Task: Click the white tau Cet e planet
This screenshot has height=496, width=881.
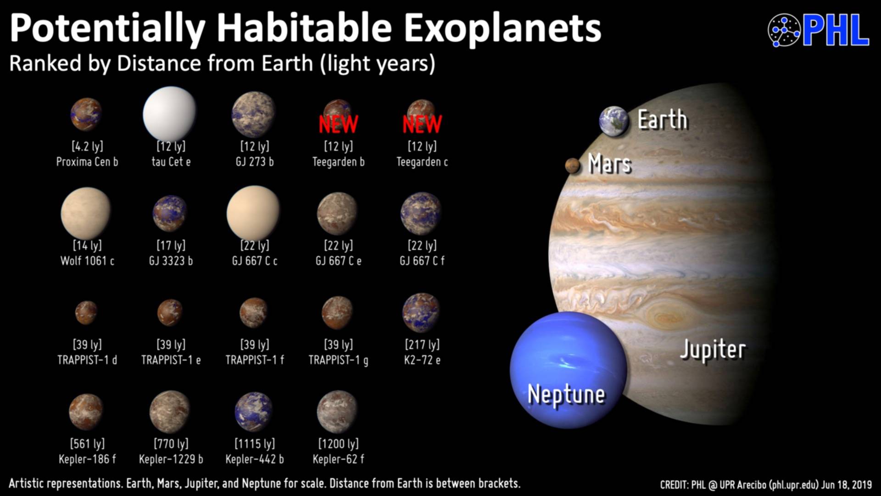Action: click(169, 113)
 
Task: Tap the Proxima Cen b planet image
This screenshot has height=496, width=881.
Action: click(86, 114)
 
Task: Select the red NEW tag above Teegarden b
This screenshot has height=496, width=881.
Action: click(338, 124)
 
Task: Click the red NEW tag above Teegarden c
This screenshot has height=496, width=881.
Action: click(422, 124)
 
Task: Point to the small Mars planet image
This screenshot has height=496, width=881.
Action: click(573, 165)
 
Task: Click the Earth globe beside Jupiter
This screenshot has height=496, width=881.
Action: click(613, 121)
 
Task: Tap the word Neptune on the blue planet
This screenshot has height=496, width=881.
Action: click(566, 395)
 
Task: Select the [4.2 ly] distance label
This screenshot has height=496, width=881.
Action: click(87, 147)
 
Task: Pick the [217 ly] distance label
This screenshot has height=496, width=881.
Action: click(422, 344)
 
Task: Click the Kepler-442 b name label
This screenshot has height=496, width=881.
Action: click(255, 459)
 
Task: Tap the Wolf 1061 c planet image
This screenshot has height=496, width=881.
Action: click(86, 213)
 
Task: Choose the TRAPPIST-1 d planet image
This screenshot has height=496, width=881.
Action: click(86, 312)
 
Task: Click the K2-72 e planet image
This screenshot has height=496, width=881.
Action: click(421, 312)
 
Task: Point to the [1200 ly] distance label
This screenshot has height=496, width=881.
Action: click(339, 444)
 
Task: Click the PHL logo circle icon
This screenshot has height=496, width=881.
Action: click(784, 30)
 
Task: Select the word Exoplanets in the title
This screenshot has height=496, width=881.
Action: click(502, 28)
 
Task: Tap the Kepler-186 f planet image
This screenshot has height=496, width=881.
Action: click(86, 411)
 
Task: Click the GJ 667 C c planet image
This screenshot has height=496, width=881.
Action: click(253, 213)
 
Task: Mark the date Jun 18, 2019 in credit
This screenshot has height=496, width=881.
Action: click(847, 485)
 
